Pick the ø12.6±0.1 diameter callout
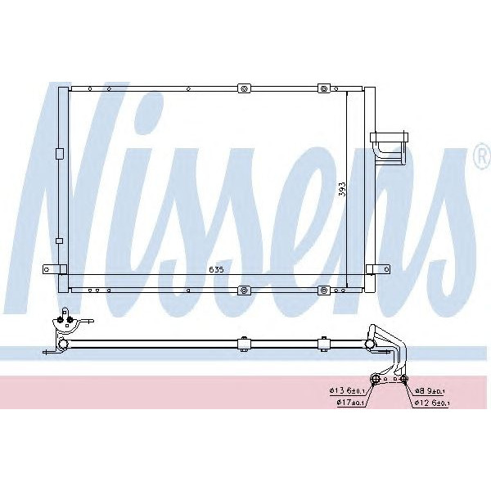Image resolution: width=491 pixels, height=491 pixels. pyautogui.click(x=431, y=403)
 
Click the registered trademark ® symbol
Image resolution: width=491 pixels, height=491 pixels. pyautogui.click(x=480, y=159)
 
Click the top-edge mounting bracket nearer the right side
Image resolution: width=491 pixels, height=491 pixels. pyautogui.click(x=323, y=87)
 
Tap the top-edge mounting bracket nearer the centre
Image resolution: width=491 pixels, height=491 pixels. pyautogui.click(x=243, y=87)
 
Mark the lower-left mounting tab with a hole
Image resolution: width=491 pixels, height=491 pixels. pyautogui.click(x=51, y=268)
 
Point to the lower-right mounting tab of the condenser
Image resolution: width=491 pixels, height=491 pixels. pyautogui.click(x=380, y=268)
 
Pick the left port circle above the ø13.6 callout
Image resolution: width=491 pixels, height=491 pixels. pyautogui.click(x=376, y=377)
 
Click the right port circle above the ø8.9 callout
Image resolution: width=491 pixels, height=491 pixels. pyautogui.click(x=403, y=377)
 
